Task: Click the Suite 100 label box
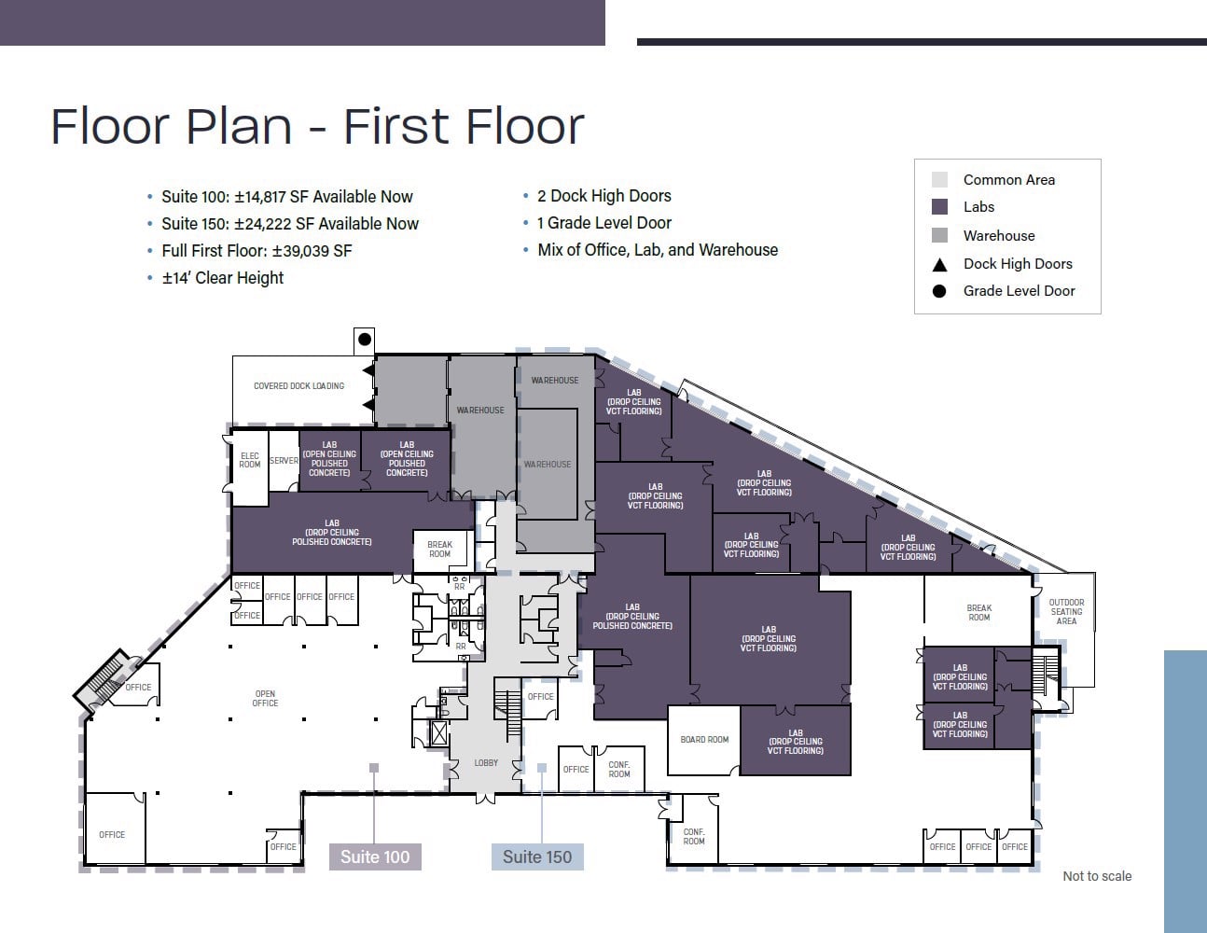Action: [375, 856]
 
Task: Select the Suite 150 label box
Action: [537, 856]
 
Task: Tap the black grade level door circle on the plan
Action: [365, 340]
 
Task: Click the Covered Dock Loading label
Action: [298, 385]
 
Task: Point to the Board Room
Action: [704, 740]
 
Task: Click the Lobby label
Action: [486, 762]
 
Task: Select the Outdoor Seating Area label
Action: [1066, 611]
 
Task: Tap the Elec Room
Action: [249, 460]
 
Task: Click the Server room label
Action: [284, 460]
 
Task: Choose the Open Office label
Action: [265, 698]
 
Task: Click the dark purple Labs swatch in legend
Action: [939, 207]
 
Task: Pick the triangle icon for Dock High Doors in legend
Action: [939, 264]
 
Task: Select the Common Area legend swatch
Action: [939, 179]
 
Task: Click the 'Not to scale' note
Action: [1097, 876]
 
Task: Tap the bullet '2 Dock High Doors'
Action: [603, 196]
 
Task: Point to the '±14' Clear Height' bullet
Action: [222, 278]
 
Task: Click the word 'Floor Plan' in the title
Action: [171, 126]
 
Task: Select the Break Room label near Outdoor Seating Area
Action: [978, 612]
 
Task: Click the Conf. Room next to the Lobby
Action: [619, 769]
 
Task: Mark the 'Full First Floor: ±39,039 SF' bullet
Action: [257, 251]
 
